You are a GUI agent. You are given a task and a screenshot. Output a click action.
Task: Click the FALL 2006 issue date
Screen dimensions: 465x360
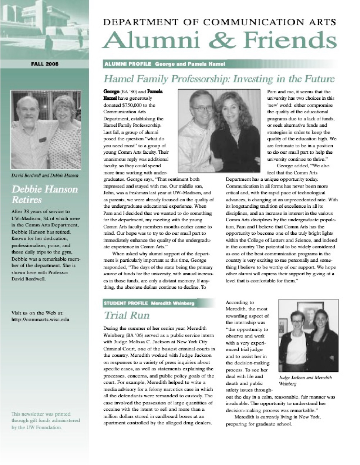[x=45, y=64]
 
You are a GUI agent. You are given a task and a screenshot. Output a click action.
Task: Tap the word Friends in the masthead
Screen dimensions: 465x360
[x=290, y=40]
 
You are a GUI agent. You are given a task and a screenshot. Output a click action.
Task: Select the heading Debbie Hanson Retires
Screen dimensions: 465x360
[x=45, y=194]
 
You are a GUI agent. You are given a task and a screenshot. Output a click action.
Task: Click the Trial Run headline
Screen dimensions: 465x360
[x=126, y=315]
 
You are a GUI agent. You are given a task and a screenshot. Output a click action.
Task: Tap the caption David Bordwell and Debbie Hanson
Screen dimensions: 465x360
[x=45, y=176]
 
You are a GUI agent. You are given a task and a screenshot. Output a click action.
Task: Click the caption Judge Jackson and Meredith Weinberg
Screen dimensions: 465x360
[x=305, y=380]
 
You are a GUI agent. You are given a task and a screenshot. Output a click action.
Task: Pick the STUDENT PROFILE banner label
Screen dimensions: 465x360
[x=126, y=303]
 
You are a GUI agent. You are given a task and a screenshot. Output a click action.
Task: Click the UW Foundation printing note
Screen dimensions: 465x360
[x=46, y=420]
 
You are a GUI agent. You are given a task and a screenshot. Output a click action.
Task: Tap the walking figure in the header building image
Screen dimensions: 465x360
[x=48, y=42]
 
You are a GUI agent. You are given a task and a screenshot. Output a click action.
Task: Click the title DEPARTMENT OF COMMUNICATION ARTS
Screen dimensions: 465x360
[x=220, y=22]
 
